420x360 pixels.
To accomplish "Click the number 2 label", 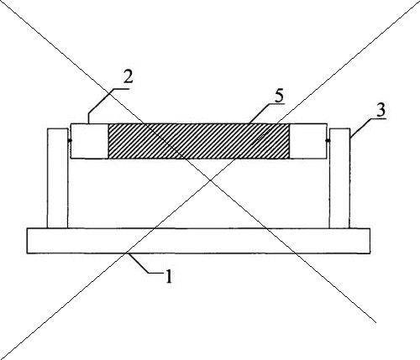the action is coord(128,77).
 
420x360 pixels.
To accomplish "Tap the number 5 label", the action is coord(279,96).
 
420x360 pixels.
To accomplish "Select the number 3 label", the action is coord(381,110).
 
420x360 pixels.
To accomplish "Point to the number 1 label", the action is coord(169,276).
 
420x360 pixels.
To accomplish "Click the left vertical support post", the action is coord(58,178).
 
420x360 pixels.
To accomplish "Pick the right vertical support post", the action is coord(339,178).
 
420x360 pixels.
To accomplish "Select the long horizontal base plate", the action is coord(198,241).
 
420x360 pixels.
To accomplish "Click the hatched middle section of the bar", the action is coord(199,141).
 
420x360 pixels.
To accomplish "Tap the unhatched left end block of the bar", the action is coord(89,141).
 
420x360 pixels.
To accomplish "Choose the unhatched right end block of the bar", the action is coord(308,141).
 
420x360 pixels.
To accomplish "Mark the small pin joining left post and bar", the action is coord(69,140).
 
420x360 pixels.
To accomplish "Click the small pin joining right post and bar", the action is coord(328,140).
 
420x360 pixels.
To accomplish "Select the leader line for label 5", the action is coord(266,112).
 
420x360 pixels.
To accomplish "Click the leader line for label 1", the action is coord(145,264).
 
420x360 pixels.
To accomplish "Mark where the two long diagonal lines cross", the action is coord(211,180).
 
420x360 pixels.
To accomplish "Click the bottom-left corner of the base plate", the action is coord(27,253).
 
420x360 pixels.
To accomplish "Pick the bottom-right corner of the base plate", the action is coord(370,253).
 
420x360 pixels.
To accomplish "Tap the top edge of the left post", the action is coord(58,128).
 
